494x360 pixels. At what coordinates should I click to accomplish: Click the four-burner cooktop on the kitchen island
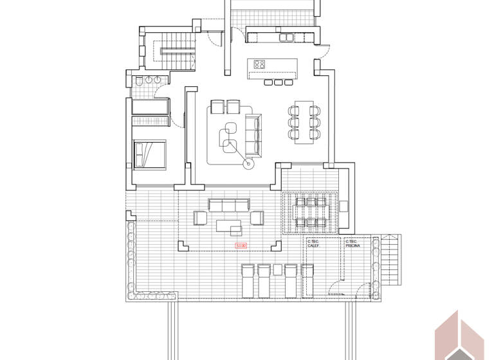click(261, 64)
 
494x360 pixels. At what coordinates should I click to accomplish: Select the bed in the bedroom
click(150, 154)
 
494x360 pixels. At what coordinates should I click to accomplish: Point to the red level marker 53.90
click(241, 245)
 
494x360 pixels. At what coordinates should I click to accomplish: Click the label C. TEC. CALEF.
click(314, 244)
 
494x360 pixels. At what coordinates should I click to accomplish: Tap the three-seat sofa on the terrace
click(228, 204)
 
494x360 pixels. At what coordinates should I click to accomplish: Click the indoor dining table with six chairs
click(304, 122)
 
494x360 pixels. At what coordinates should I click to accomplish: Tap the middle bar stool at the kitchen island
click(278, 82)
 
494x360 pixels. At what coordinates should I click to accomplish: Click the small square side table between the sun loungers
click(277, 269)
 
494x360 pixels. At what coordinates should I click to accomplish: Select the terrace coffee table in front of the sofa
click(229, 226)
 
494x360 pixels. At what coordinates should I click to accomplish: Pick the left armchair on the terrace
click(200, 218)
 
